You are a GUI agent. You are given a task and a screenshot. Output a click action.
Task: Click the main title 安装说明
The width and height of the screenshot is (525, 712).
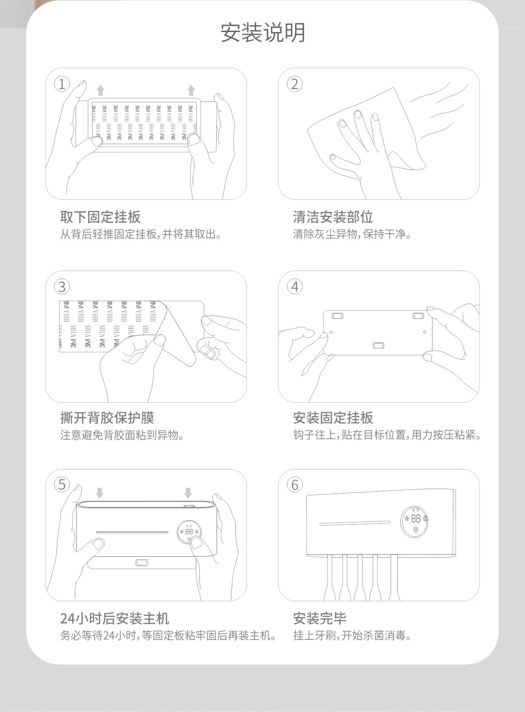click(x=263, y=32)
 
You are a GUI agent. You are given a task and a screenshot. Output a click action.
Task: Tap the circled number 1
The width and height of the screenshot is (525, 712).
click(x=62, y=84)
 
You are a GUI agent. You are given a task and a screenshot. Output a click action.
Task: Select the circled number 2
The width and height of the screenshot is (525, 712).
click(x=295, y=84)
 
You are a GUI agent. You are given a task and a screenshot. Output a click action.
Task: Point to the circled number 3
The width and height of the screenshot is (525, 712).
click(x=62, y=287)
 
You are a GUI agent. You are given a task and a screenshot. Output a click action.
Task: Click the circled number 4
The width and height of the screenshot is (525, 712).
click(x=295, y=287)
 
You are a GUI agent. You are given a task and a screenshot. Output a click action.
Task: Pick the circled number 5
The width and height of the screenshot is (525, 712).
click(x=62, y=485)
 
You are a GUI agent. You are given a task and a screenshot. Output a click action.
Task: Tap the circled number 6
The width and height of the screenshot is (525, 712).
click(x=295, y=485)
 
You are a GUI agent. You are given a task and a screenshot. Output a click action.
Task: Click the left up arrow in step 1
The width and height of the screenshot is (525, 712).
click(x=101, y=90)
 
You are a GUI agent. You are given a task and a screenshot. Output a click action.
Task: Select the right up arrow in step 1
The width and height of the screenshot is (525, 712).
click(x=191, y=90)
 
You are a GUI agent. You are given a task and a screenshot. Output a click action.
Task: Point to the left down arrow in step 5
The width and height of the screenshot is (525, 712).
click(x=100, y=493)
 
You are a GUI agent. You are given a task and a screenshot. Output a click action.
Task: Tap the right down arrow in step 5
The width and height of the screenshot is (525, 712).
click(x=188, y=493)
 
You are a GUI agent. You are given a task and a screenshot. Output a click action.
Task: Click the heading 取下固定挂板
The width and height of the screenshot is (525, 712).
click(x=100, y=217)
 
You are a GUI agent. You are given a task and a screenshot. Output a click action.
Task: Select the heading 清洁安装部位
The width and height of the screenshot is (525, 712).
click(x=333, y=217)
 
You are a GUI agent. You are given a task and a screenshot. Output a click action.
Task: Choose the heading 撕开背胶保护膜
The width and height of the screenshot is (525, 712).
click(x=107, y=418)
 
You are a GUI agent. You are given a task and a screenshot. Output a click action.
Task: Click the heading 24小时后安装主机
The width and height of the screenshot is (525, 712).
click(x=114, y=619)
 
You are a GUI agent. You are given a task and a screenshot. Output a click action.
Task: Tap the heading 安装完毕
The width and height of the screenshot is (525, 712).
click(x=319, y=619)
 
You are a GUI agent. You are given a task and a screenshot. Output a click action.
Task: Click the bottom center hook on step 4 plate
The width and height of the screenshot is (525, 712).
click(x=378, y=345)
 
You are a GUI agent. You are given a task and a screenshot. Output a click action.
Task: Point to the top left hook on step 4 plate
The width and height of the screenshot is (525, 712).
click(x=337, y=316)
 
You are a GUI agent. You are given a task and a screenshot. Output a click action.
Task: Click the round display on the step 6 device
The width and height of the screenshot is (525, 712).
click(x=414, y=522)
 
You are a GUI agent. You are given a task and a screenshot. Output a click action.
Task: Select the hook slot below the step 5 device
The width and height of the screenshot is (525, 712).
click(x=142, y=562)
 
